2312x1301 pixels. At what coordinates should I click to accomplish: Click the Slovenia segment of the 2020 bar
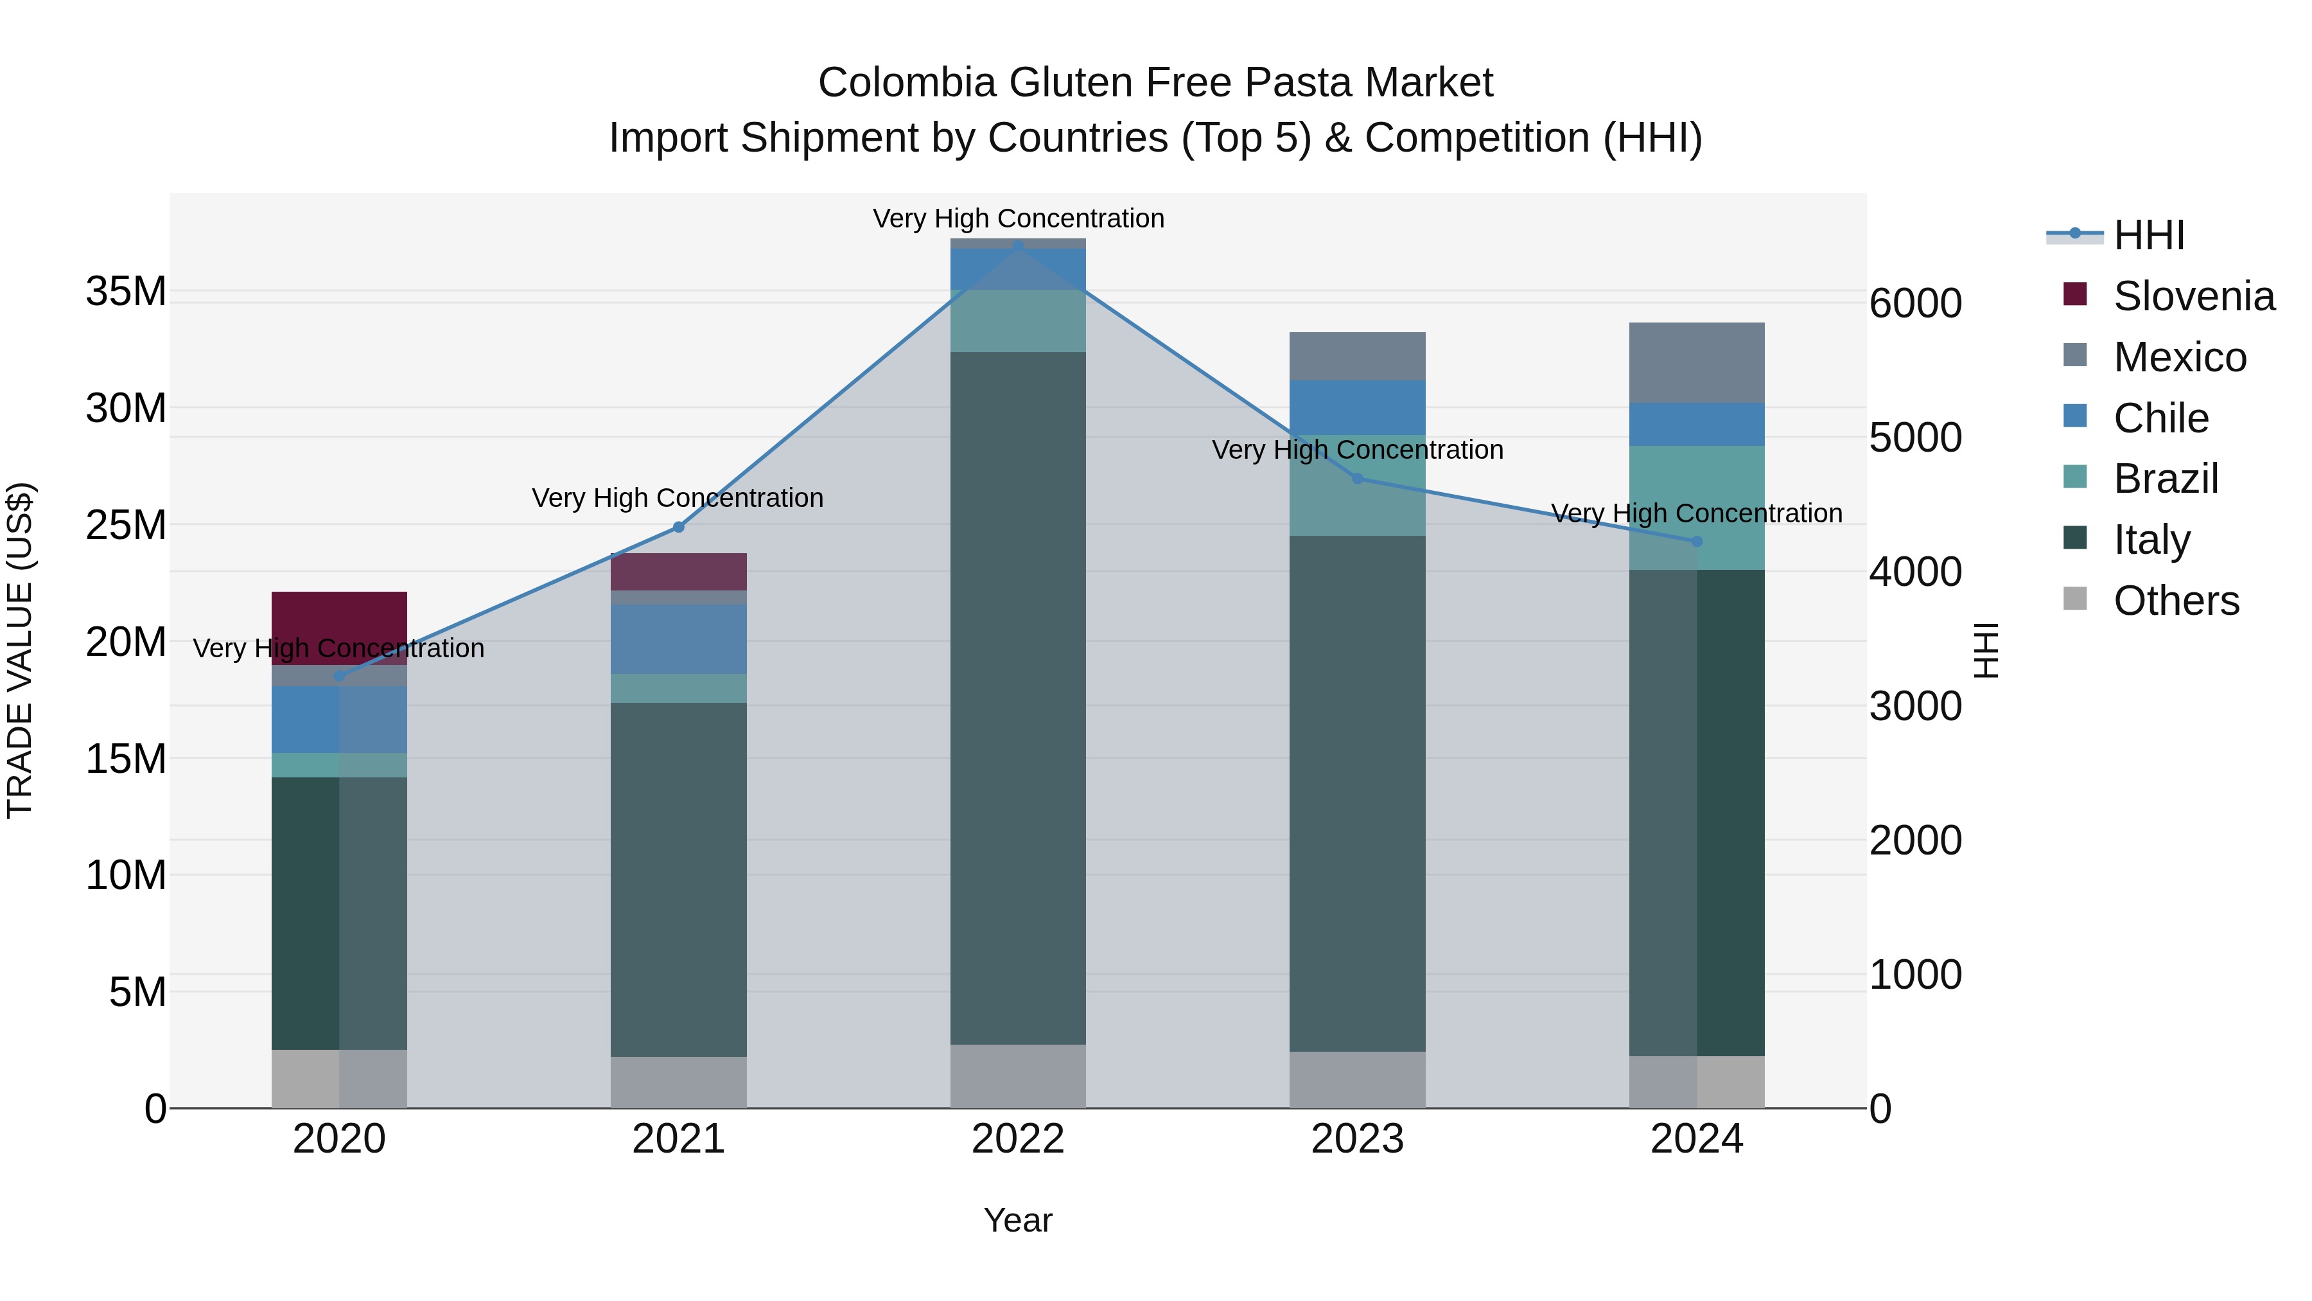(x=339, y=619)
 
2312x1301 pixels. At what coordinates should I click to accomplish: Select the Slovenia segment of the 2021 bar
(x=679, y=572)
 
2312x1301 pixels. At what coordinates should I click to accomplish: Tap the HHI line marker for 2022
(x=1018, y=245)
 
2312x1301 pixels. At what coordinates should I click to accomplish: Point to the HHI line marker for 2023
(x=1357, y=479)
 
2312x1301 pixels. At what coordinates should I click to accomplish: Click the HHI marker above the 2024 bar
(x=1696, y=542)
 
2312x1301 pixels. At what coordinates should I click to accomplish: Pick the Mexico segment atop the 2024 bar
(x=1696, y=363)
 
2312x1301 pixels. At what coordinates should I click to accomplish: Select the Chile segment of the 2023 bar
(x=1357, y=407)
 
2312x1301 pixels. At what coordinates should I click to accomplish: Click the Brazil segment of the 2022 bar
(x=1018, y=321)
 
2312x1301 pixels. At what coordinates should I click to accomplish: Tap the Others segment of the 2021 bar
(x=679, y=1082)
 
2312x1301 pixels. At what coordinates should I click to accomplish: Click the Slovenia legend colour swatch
(x=2075, y=294)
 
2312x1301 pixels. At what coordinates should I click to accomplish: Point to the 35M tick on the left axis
(x=126, y=292)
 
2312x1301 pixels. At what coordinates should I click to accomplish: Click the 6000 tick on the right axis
(x=1915, y=303)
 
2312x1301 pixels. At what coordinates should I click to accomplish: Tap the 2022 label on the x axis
(x=1018, y=1139)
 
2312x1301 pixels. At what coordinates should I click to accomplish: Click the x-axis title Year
(x=1018, y=1220)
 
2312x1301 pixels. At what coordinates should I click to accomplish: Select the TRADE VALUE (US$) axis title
(x=20, y=650)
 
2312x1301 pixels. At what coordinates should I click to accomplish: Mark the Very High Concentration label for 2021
(x=678, y=497)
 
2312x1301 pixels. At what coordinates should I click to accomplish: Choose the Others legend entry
(x=2176, y=601)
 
